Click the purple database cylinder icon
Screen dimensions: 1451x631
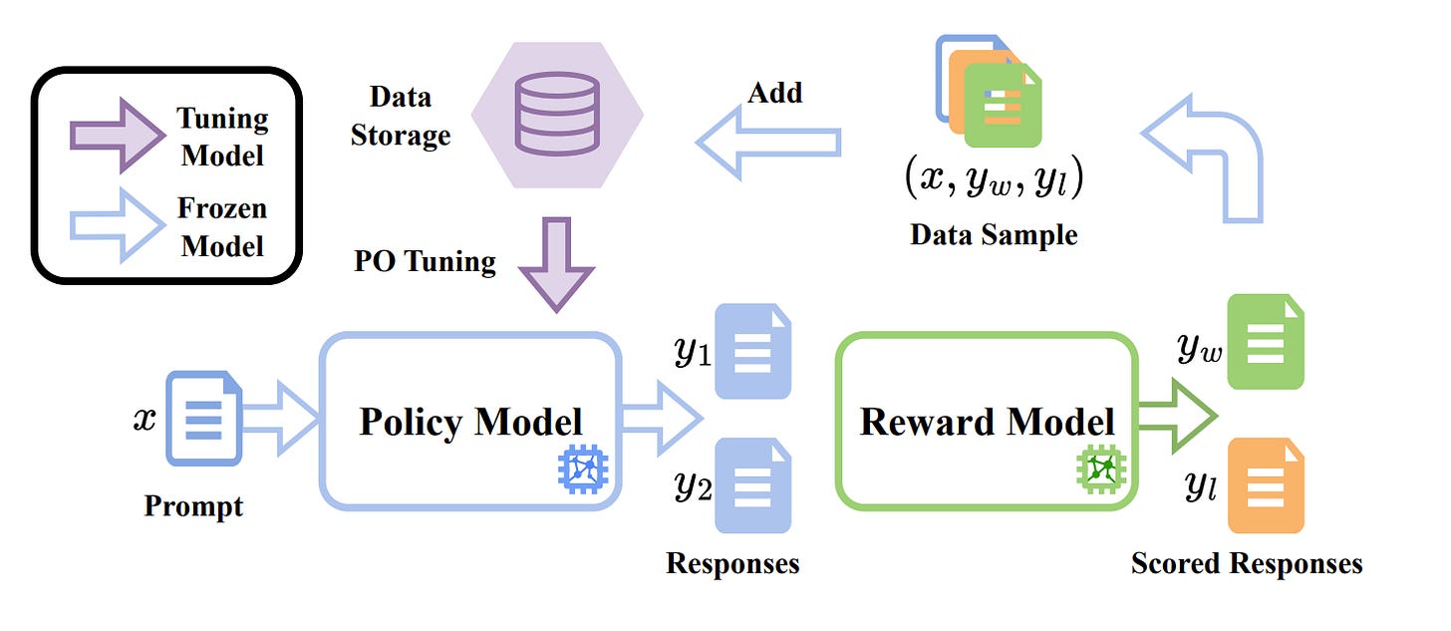(x=557, y=114)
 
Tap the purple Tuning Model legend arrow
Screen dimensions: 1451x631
(x=118, y=136)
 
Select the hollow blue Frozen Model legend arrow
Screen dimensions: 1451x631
(x=118, y=225)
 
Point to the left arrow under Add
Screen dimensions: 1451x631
(x=767, y=143)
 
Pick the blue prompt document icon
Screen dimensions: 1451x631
(x=204, y=419)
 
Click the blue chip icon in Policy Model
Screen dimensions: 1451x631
(x=583, y=470)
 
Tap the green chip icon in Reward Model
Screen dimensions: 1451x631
(x=1100, y=470)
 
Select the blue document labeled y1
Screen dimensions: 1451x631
(x=752, y=352)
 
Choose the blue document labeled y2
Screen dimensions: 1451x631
(x=752, y=485)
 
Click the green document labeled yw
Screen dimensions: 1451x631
(x=1266, y=342)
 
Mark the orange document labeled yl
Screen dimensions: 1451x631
(x=1266, y=485)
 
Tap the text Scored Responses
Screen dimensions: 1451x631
(x=1247, y=563)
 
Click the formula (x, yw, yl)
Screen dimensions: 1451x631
(x=994, y=176)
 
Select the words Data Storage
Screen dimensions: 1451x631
(x=401, y=116)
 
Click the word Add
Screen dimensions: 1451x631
(x=774, y=93)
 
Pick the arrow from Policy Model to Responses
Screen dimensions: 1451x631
(x=662, y=418)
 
